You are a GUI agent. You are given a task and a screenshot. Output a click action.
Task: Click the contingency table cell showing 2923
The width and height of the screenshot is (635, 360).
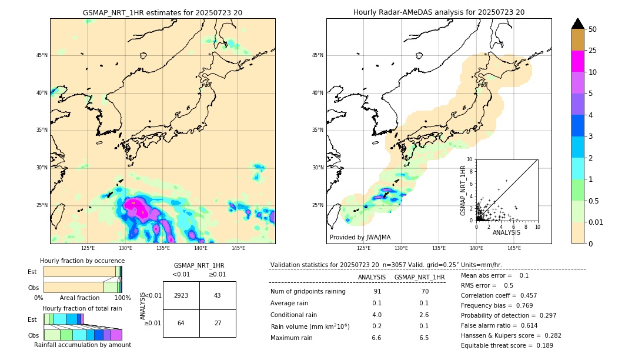[181, 295]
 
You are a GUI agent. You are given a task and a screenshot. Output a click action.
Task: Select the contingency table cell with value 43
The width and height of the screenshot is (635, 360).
[218, 295]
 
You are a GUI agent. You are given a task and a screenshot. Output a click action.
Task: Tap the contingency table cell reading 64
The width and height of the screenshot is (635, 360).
[181, 323]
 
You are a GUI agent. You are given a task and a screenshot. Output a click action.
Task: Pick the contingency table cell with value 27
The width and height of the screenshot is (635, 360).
[218, 323]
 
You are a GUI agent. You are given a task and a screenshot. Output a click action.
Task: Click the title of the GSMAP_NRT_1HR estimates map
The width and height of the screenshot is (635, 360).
[162, 12]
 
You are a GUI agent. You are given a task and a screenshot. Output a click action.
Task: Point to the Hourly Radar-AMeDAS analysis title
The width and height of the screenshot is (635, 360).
[439, 12]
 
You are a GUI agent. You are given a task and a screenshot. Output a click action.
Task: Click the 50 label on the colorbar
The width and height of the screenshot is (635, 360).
[593, 29]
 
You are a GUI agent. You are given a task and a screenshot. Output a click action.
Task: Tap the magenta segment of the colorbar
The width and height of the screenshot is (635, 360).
[578, 61]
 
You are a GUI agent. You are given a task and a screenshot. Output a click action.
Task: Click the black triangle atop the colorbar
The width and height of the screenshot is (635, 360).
[578, 24]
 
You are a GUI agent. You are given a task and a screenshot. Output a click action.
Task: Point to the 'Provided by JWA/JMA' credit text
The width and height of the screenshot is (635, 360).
[360, 237]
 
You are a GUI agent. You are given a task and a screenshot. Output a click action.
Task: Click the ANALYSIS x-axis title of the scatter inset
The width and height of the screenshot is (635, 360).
[506, 233]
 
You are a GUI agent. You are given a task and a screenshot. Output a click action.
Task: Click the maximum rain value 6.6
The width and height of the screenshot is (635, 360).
[377, 338]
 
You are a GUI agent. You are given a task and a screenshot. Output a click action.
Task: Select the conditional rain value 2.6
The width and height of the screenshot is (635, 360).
[423, 315]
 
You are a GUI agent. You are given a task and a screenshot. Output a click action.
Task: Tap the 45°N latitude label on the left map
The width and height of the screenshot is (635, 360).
[42, 55]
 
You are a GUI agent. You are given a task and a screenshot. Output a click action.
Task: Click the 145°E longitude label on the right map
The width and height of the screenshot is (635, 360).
[514, 248]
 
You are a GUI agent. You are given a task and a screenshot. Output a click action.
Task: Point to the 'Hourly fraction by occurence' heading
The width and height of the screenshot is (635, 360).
[82, 261]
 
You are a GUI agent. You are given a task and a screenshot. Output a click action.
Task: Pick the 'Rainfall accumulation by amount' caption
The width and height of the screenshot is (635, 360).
[82, 345]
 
